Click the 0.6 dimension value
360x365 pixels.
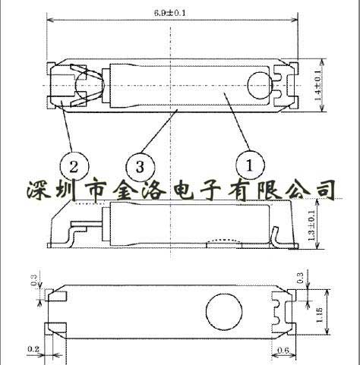pyautogui.click(x=283, y=350)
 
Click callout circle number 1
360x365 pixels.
pyautogui.click(x=250, y=164)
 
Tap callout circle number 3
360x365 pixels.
pyautogui.click(x=139, y=165)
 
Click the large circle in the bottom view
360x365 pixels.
pyautogui.click(x=223, y=311)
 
